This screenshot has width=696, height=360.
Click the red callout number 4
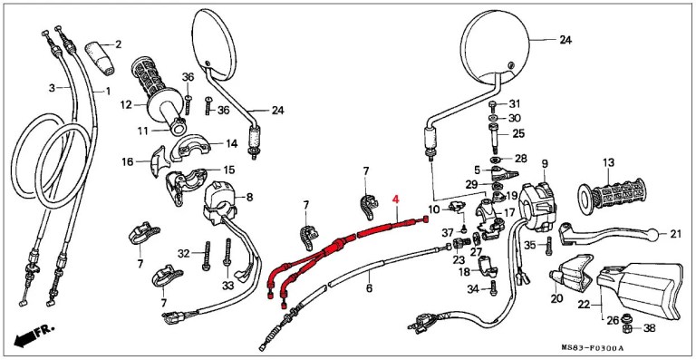395,200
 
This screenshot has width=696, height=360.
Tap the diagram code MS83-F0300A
592,347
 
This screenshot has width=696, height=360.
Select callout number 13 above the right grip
608,162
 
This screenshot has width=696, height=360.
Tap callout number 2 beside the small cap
118,44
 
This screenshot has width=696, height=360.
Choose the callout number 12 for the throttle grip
126,105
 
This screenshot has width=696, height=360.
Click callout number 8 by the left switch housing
249,197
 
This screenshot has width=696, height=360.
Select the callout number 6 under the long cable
369,288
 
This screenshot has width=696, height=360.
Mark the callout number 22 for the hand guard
585,306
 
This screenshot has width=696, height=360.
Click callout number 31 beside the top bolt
514,104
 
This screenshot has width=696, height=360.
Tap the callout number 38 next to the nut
649,329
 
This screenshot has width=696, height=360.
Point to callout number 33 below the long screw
227,287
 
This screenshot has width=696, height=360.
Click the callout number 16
128,162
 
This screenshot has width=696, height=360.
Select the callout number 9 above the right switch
545,163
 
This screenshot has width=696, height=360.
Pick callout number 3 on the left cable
52,88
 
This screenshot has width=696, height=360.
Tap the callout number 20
556,298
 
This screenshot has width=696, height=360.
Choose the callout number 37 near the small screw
448,232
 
